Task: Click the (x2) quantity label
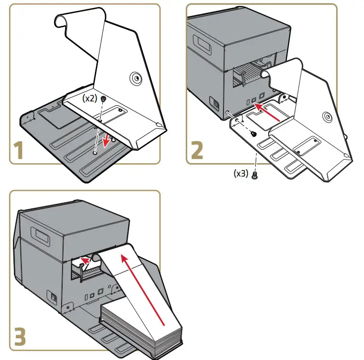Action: (x=90, y=98)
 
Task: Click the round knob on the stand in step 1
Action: (x=134, y=78)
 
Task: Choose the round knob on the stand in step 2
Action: (x=326, y=117)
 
